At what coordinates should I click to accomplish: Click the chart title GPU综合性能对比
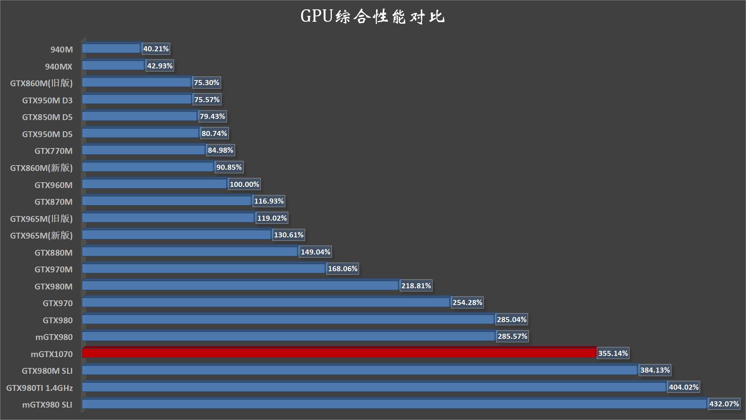click(372, 17)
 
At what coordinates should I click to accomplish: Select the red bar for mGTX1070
click(339, 353)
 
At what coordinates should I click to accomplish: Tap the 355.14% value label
click(613, 354)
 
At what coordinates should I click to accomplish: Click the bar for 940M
click(111, 49)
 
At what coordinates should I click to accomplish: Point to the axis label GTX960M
click(54, 185)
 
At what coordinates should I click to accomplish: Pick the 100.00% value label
click(244, 185)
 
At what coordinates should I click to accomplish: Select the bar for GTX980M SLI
click(360, 370)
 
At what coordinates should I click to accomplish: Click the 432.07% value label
click(724, 404)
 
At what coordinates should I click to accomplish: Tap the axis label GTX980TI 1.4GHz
click(40, 388)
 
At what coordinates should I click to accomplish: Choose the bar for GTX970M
click(203, 268)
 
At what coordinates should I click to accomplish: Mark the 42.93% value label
click(160, 66)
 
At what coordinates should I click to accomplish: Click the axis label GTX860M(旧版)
click(42, 83)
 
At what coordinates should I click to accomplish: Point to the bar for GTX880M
click(190, 252)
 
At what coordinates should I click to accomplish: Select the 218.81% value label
click(416, 286)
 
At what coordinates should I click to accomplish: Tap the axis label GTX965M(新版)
click(42, 235)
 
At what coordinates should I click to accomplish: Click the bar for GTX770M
click(143, 150)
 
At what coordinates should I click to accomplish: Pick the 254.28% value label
click(467, 303)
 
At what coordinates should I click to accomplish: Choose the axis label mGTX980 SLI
click(47, 405)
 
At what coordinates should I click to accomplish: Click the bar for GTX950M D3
click(137, 99)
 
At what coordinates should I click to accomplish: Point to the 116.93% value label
click(269, 201)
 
